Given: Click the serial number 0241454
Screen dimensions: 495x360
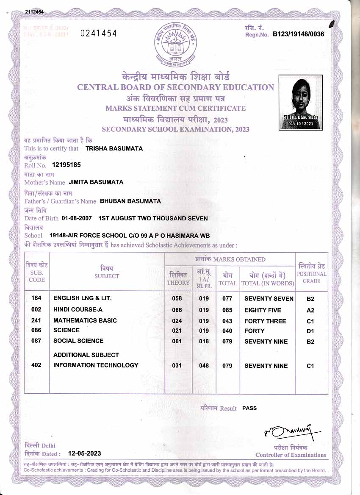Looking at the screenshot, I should pyautogui.click(x=98, y=33).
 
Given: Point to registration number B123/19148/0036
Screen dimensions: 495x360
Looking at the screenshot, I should pyautogui.click(x=298, y=34).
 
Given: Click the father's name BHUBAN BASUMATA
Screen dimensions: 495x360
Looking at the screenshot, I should pyautogui.click(x=130, y=201).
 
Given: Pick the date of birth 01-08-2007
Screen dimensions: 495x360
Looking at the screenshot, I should pyautogui.click(x=77, y=218).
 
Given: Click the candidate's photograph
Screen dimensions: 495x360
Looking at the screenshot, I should pyautogui.click(x=301, y=102).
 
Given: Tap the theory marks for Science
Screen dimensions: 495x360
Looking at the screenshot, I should pyautogui.click(x=177, y=331).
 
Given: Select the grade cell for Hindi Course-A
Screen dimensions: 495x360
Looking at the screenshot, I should pyautogui.click(x=310, y=310).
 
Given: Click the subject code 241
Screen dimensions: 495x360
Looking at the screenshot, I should pyautogui.click(x=36, y=320).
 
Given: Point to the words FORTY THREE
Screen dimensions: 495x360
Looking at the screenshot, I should pyautogui.click(x=265, y=321).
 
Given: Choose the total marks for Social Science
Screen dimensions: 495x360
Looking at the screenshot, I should pyautogui.click(x=227, y=341).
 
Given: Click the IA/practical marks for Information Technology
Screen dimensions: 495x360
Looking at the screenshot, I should pyautogui.click(x=204, y=365).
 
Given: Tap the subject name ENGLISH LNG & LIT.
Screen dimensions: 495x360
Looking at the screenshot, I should pyautogui.click(x=83, y=298).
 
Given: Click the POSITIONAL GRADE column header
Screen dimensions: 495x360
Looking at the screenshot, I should pyautogui.click(x=312, y=273).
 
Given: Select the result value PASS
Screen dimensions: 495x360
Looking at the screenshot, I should pyautogui.click(x=249, y=408).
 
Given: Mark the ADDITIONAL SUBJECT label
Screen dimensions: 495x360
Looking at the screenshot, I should pyautogui.click(x=86, y=355).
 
